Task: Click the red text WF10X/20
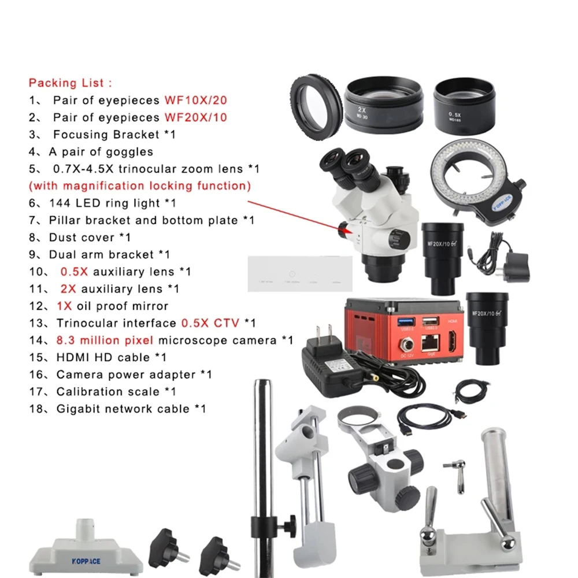pyautogui.click(x=195, y=101)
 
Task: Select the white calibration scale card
pyautogui.click(x=299, y=274)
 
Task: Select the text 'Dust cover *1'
pyautogui.click(x=90, y=238)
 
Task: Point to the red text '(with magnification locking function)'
pyautogui.click(x=140, y=186)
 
